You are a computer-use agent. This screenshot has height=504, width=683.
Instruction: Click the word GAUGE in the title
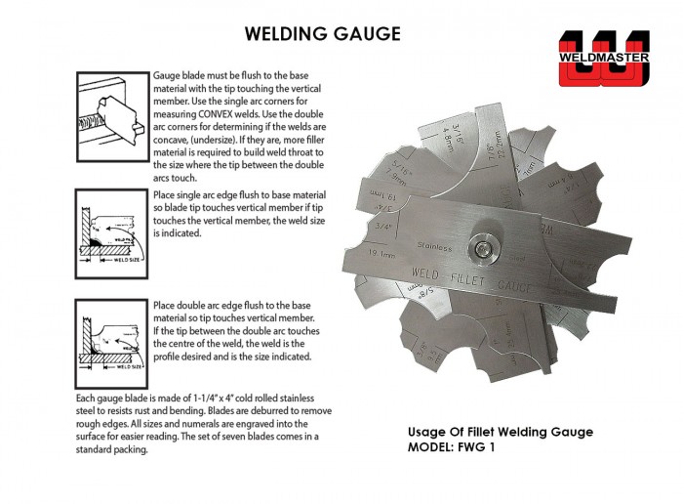[367, 33]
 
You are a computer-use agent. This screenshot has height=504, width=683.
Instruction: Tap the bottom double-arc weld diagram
[110, 343]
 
